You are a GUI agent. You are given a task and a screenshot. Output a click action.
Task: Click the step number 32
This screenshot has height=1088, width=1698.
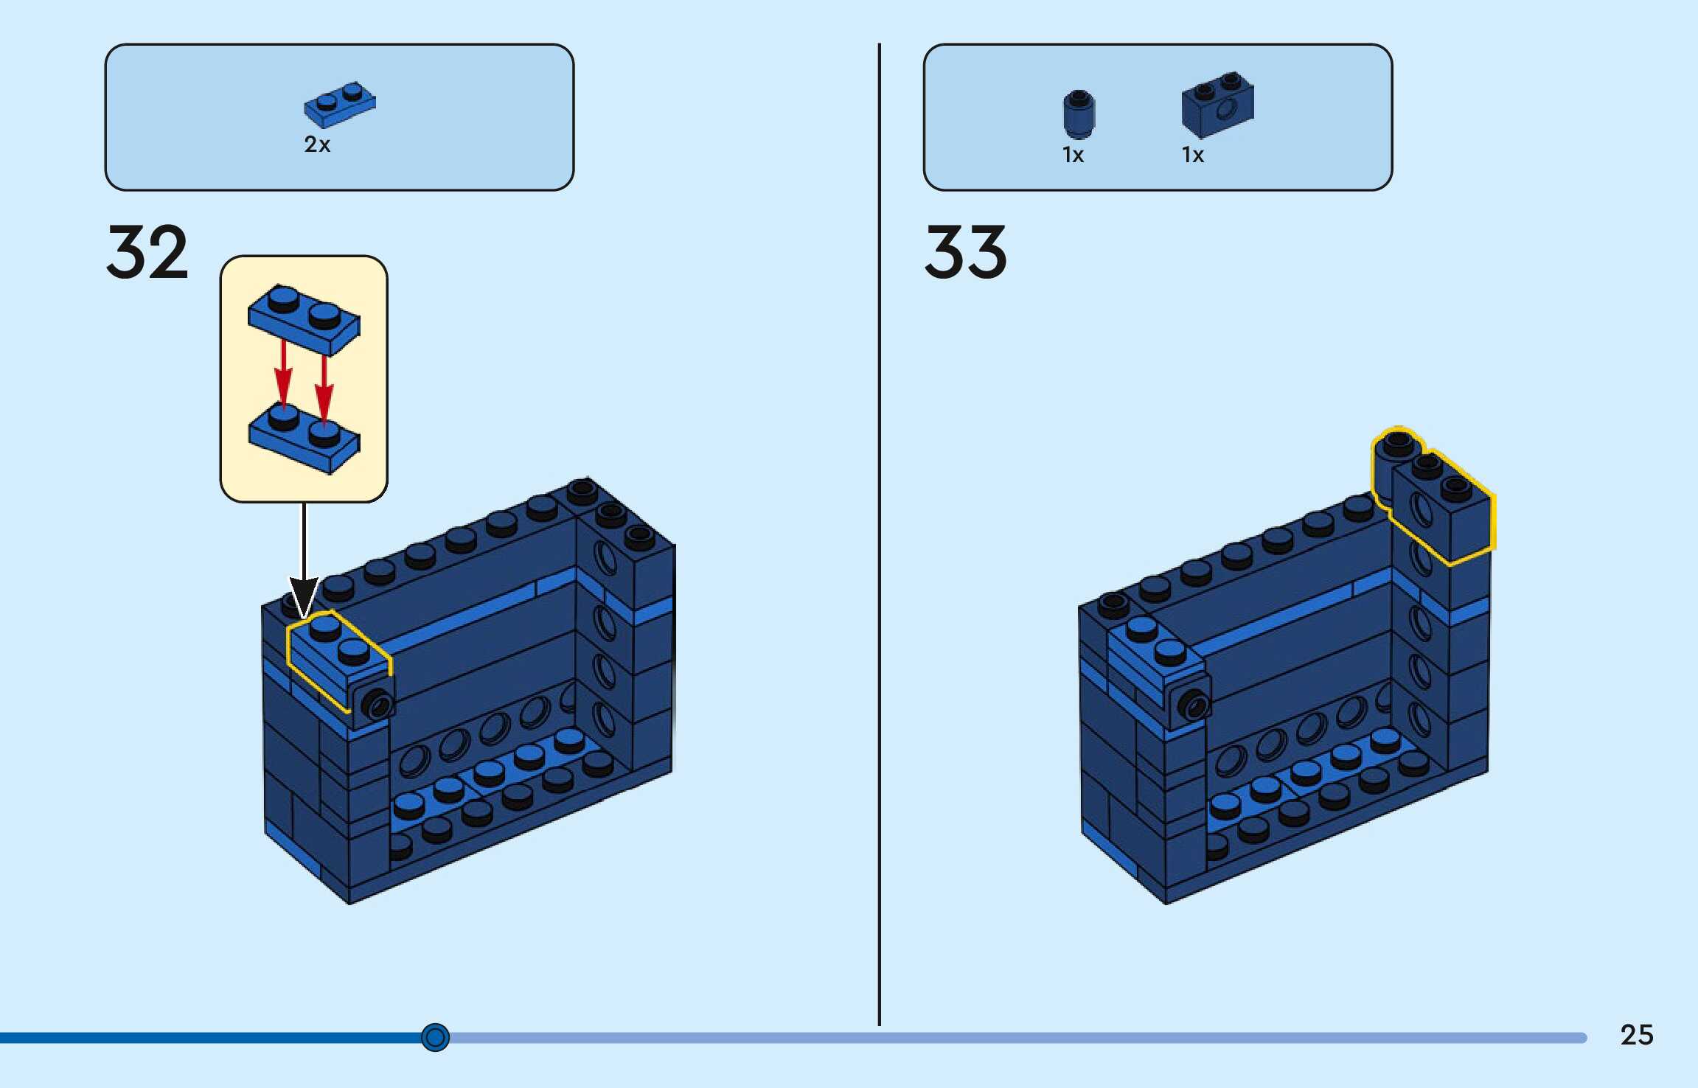tap(147, 253)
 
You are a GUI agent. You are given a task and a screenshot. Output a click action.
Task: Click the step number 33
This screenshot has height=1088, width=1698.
tap(965, 253)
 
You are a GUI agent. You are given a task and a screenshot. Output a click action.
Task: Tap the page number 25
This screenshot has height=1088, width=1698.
tap(1636, 1035)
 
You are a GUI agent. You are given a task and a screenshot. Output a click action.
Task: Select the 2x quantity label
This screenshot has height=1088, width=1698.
tap(317, 144)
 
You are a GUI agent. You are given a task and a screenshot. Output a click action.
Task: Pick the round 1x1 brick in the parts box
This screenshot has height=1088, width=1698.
tap(1079, 114)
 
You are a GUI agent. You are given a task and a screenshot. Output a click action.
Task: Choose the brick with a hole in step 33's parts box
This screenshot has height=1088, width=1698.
tap(1217, 105)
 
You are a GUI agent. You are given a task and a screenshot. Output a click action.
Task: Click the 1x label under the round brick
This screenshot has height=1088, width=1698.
tap(1073, 156)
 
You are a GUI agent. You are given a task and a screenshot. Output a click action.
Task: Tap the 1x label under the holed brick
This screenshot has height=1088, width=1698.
tap(1192, 156)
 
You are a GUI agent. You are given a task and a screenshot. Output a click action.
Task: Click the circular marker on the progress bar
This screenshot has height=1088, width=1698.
tap(435, 1037)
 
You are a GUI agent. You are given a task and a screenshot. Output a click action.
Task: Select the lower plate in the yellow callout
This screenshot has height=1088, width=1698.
tap(304, 438)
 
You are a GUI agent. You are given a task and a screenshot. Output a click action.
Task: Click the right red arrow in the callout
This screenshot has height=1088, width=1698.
tap(324, 387)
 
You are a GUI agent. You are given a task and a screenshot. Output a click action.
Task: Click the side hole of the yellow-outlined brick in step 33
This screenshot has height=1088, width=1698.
tap(1421, 509)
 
